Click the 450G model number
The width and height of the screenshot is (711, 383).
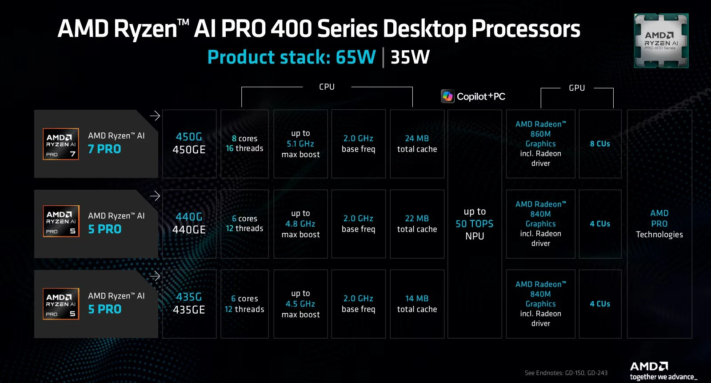tap(189, 137)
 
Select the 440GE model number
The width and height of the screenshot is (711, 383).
tap(189, 230)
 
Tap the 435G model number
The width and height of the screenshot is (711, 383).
tap(189, 297)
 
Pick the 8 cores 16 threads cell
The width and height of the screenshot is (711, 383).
tap(244, 144)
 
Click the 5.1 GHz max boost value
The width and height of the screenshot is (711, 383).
tap(300, 144)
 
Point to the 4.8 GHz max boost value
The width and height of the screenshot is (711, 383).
tap(300, 224)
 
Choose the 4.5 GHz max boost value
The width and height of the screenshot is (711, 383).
tap(300, 304)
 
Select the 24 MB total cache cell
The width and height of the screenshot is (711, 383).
tap(417, 144)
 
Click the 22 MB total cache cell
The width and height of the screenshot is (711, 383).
tap(417, 223)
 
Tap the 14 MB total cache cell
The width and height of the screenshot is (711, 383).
tap(417, 303)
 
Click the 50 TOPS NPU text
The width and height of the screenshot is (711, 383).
tap(475, 224)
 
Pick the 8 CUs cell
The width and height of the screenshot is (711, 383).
tap(600, 144)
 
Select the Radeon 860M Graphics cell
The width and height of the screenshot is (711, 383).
tap(540, 144)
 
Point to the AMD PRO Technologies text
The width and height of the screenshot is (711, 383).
tap(659, 224)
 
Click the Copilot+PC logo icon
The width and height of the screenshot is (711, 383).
tap(447, 96)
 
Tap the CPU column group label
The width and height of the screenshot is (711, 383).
tap(327, 87)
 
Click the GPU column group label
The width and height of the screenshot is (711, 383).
tap(577, 88)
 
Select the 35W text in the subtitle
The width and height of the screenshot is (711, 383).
tap(410, 57)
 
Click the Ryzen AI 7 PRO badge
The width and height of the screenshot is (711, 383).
tap(61, 144)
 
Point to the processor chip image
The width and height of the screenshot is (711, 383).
tap(661, 41)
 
